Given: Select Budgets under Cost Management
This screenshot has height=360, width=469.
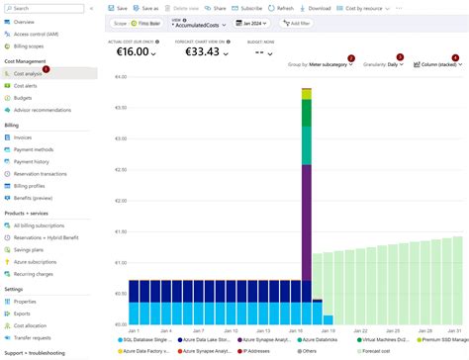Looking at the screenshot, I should click(x=24, y=98).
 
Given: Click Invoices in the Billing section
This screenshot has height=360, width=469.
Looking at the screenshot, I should click(x=23, y=137).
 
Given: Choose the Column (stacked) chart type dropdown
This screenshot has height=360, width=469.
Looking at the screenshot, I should click(x=437, y=63).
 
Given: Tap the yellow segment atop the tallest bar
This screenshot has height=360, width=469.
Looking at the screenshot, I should click(x=307, y=94).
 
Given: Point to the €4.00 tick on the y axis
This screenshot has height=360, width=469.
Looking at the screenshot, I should click(x=120, y=77).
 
